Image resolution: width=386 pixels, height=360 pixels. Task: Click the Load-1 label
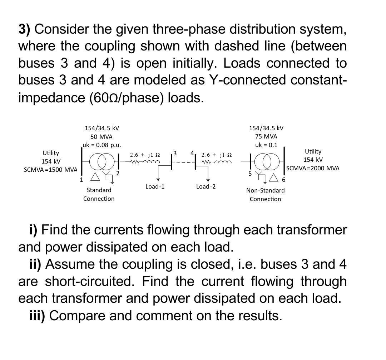(155, 186)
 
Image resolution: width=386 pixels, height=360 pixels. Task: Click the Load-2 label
(206, 186)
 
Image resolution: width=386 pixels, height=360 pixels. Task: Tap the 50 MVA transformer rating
(101, 136)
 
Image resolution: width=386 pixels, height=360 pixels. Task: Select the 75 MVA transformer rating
(266, 136)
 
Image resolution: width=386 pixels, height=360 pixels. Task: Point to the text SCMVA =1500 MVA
(50, 169)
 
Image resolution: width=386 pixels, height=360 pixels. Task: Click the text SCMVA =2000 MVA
(313, 168)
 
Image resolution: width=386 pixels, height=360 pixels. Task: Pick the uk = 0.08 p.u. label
(102, 145)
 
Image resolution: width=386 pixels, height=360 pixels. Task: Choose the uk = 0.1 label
(266, 145)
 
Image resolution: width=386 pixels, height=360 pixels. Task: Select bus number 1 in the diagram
(81, 180)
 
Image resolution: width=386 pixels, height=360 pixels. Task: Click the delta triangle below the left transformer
(95, 176)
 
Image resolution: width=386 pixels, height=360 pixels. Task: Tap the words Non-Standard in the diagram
(265, 190)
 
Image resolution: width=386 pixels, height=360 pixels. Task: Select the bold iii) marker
(37, 316)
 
